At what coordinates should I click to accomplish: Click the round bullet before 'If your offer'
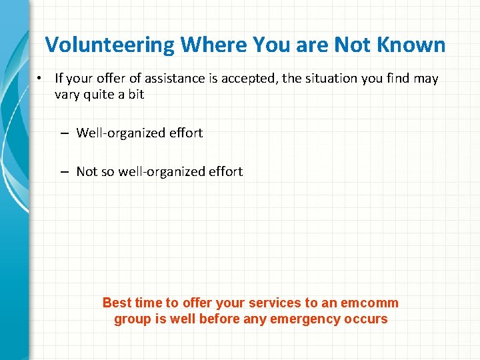tap(40, 79)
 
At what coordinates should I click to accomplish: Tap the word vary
tap(67, 95)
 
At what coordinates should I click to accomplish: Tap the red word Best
tap(117, 303)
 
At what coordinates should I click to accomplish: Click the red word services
tap(273, 303)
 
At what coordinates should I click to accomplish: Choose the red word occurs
tap(365, 319)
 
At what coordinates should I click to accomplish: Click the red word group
tap(132, 319)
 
